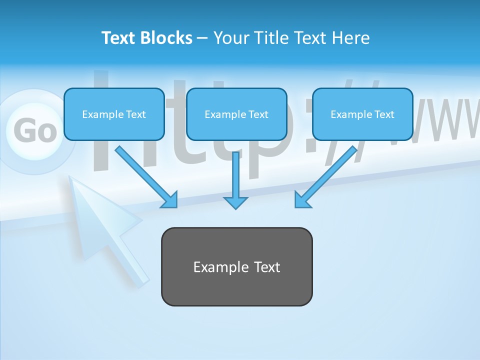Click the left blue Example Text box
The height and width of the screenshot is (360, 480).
(x=114, y=114)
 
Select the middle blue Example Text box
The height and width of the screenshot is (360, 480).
(x=236, y=114)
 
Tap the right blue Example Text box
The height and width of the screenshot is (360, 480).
(x=362, y=114)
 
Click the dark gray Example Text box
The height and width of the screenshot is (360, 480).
(x=236, y=266)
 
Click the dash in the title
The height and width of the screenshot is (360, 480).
(x=202, y=38)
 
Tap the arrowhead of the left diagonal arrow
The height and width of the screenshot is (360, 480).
(x=170, y=200)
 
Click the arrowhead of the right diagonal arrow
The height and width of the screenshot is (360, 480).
(x=302, y=200)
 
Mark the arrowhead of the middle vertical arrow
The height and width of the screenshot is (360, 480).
(x=235, y=202)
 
